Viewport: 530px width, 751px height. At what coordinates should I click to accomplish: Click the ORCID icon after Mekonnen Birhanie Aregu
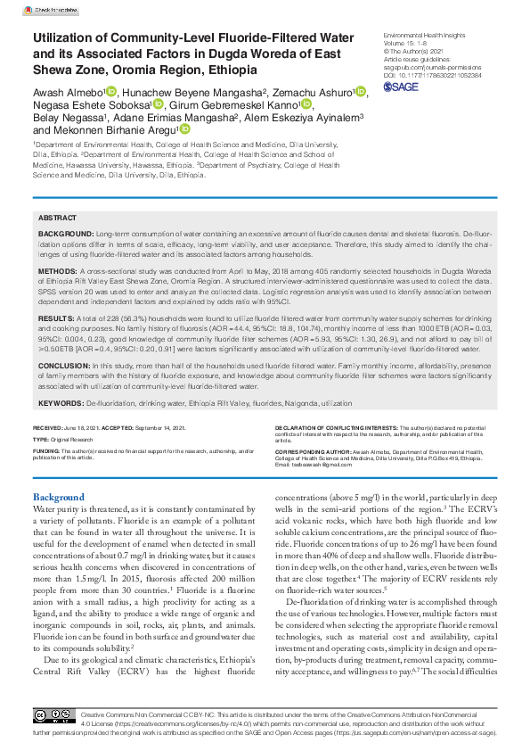(184, 128)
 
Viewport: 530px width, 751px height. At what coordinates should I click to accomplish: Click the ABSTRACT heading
(58, 218)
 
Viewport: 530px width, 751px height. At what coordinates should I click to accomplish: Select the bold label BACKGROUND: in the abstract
(66, 231)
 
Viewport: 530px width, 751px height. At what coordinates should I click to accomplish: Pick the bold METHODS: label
(58, 268)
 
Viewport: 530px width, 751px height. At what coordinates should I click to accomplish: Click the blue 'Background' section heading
(59, 496)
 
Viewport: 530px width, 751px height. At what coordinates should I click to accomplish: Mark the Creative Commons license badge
(54, 717)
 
